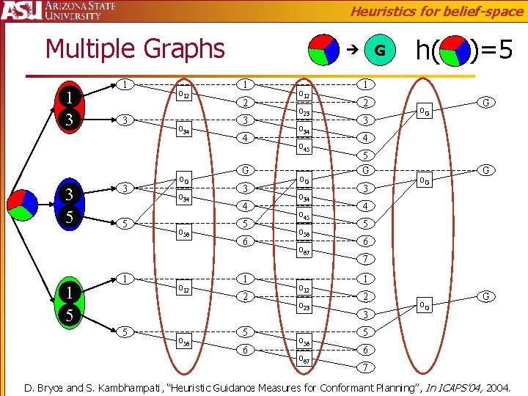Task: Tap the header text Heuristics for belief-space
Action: (x=436, y=10)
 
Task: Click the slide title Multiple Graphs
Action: (x=135, y=48)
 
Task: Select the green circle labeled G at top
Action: (x=379, y=51)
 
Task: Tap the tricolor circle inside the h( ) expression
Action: (x=455, y=51)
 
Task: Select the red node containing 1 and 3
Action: (x=68, y=108)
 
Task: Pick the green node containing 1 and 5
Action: (x=68, y=305)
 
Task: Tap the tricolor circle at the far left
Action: (x=22, y=204)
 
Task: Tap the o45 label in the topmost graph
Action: (x=304, y=149)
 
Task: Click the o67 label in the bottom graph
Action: (x=304, y=359)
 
